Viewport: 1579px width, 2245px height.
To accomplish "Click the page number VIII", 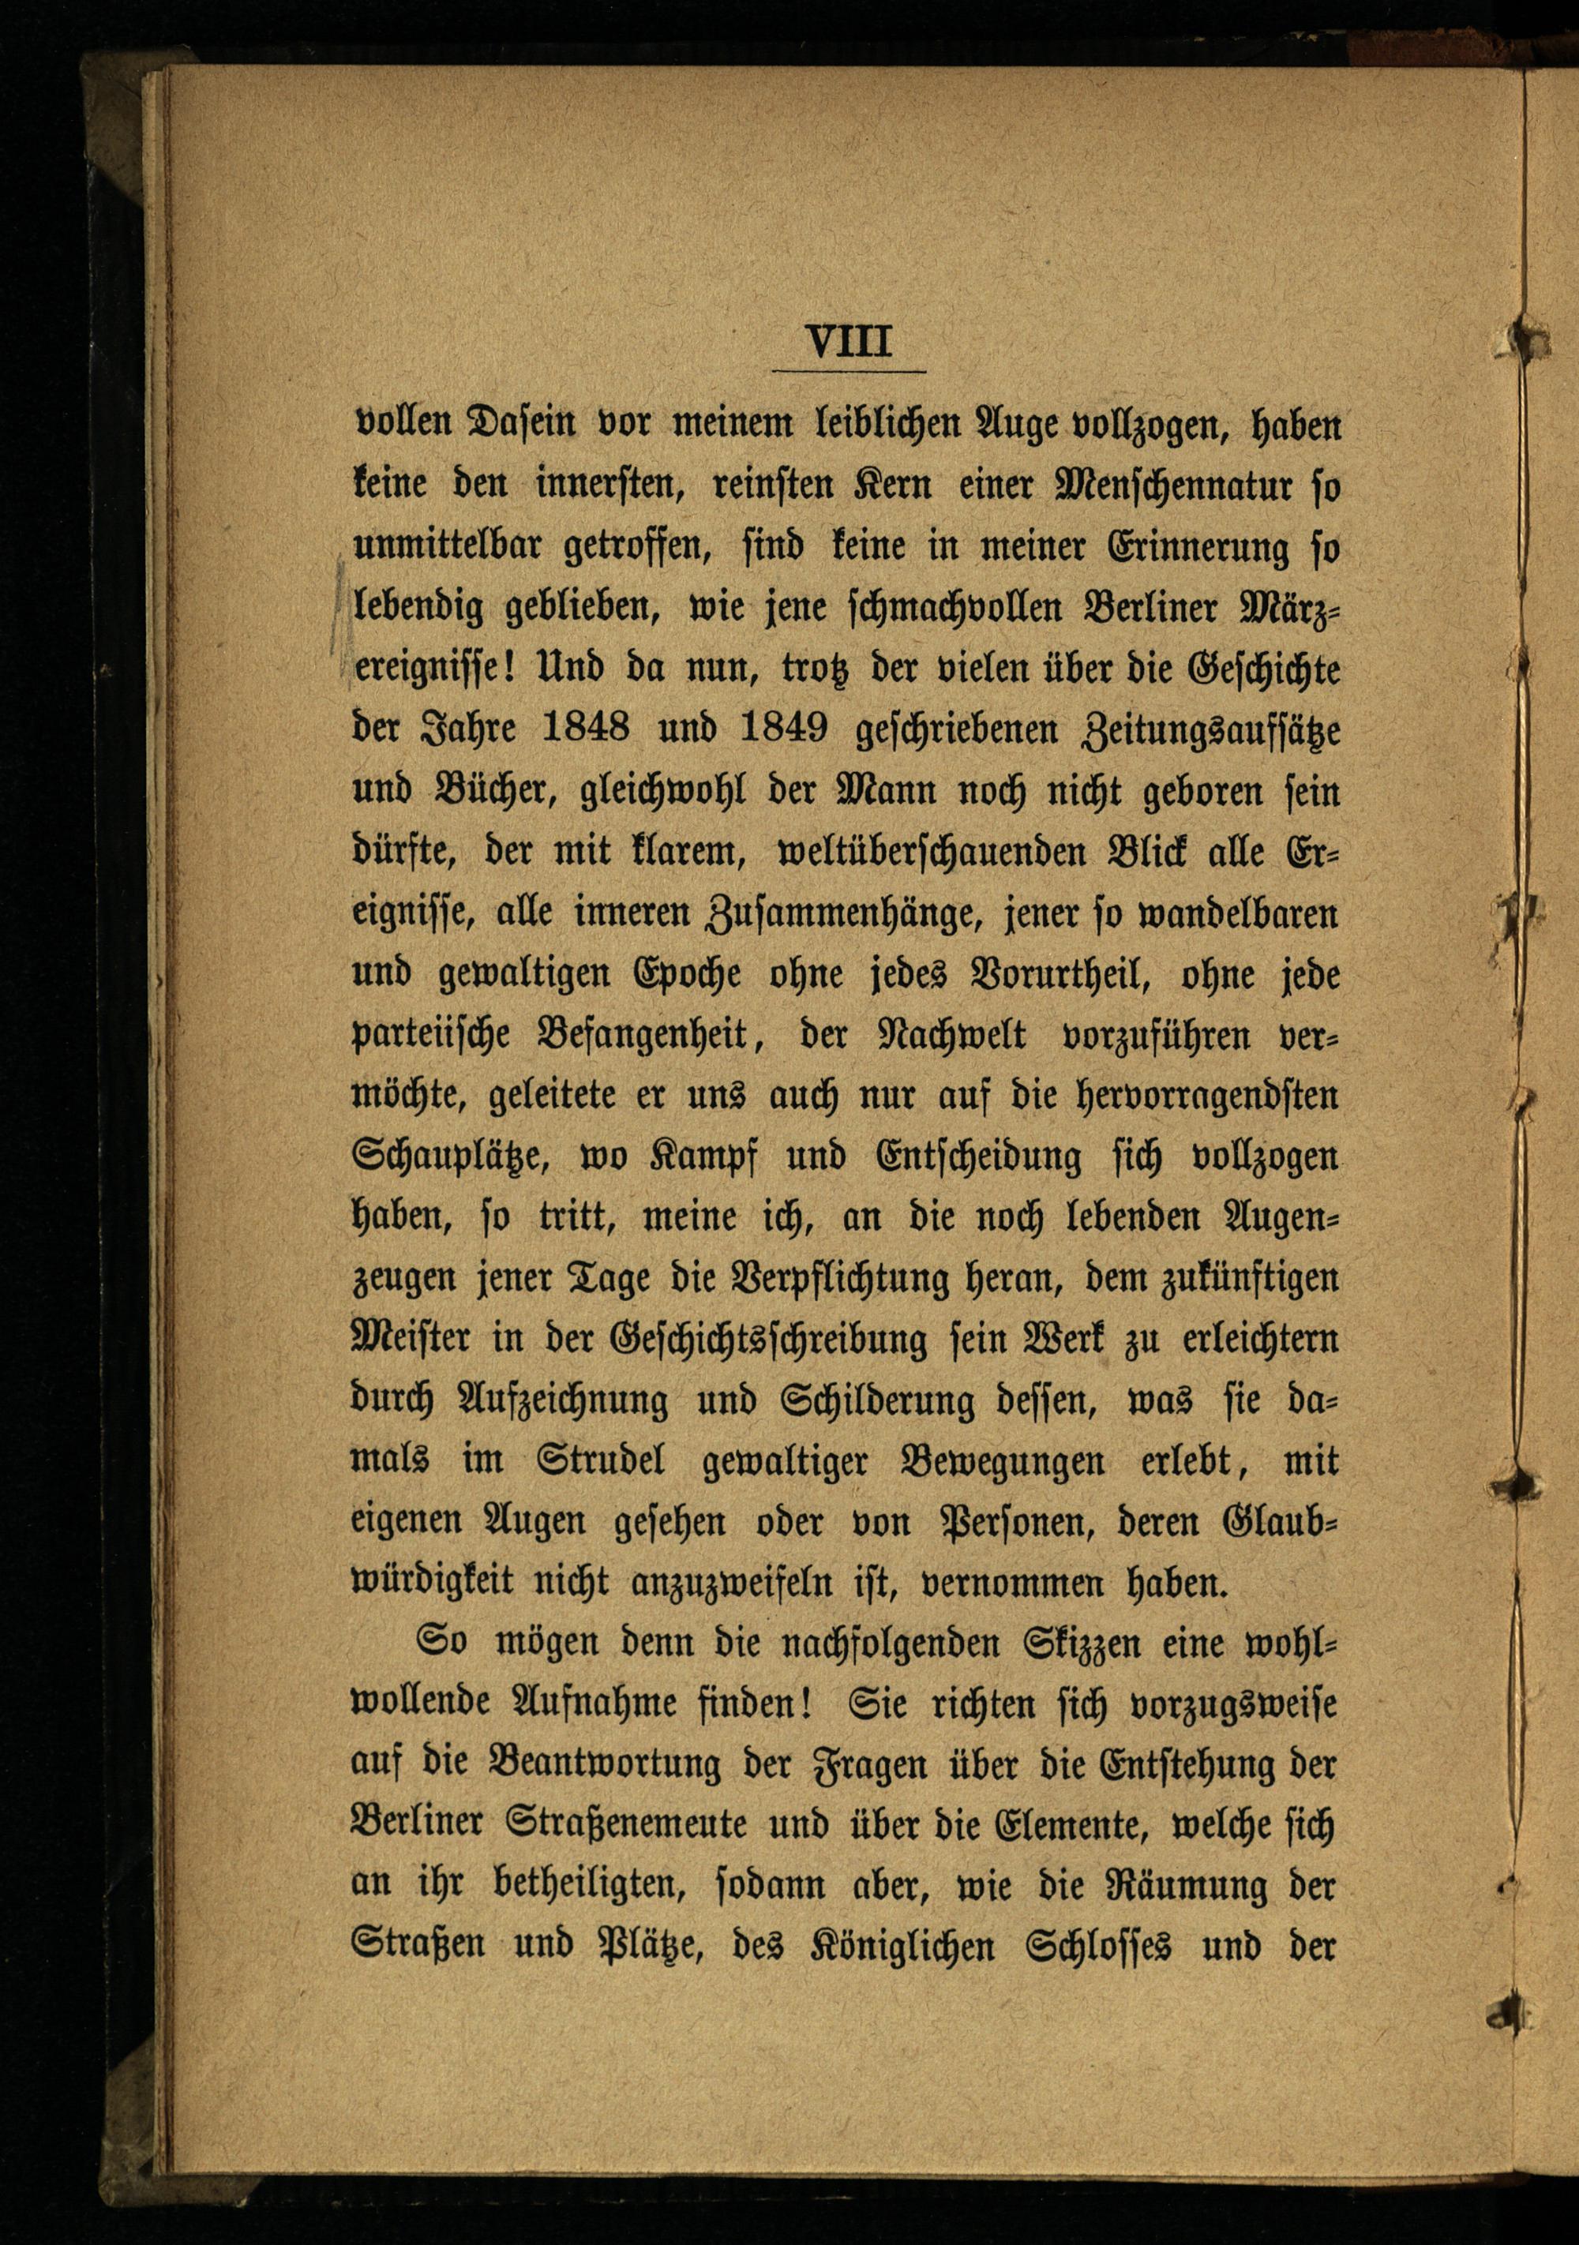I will coord(849,343).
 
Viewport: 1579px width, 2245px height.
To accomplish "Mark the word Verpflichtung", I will coord(840,1279).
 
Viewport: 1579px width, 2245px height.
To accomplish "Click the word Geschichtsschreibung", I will coord(767,1340).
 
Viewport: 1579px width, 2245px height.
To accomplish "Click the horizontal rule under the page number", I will coord(849,372).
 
